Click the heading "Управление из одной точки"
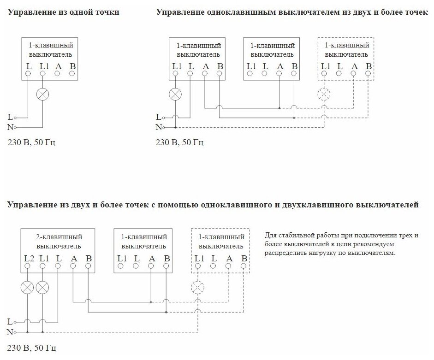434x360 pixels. tap(63, 12)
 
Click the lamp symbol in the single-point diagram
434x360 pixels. tap(42, 94)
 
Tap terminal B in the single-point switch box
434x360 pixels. tap(72, 73)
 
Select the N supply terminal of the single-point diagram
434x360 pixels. tap(15, 126)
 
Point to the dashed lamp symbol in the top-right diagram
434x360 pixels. tap(324, 94)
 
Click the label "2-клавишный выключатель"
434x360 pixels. tap(59, 241)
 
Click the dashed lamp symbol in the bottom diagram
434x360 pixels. tap(197, 288)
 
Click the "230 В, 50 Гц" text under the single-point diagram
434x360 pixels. tap(32, 142)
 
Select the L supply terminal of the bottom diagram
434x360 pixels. tap(15, 321)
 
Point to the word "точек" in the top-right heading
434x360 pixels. tap(416, 12)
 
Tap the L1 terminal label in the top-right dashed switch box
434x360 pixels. tap(325, 65)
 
